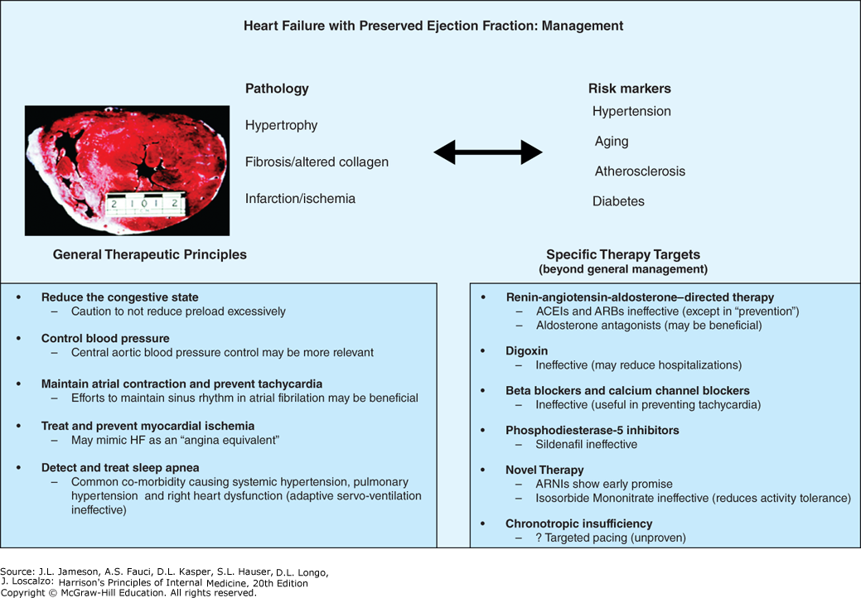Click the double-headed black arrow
pos(488,152)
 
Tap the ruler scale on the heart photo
pos(145,204)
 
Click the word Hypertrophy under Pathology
pos(281,126)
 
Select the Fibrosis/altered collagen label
pos(317,162)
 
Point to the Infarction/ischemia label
pos(300,199)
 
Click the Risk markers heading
pos(629,89)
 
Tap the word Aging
pos(612,142)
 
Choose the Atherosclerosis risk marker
pos(640,171)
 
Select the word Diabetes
pos(618,201)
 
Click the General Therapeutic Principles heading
pos(150,254)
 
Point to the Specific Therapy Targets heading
pos(623,254)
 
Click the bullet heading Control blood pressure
pos(105,339)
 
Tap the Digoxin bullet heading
pos(526,351)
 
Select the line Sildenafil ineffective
pos(587,445)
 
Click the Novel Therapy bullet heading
pos(544,470)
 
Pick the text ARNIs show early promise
pos(604,484)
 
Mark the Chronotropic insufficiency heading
pos(579,524)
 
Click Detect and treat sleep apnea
pos(120,468)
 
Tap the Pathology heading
pos(277,89)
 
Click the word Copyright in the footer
pos(22,592)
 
